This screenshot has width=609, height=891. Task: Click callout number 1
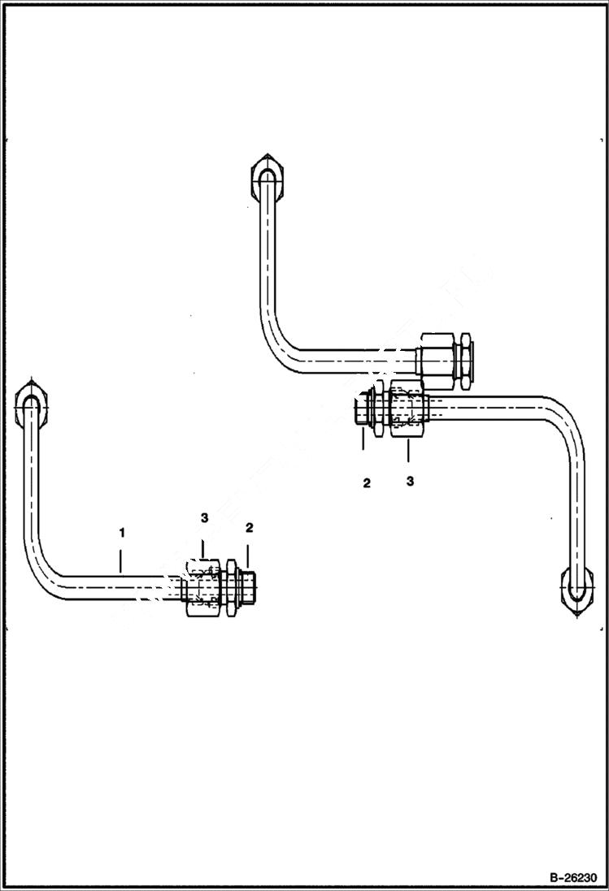[121, 533]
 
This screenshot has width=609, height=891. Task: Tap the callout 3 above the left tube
[204, 517]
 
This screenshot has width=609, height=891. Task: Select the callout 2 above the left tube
[250, 527]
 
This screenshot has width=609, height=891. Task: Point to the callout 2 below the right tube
[367, 483]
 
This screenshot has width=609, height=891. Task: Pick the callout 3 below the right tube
[410, 481]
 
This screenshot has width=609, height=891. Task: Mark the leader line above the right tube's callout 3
[409, 451]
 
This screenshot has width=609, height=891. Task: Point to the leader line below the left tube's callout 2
[249, 555]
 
